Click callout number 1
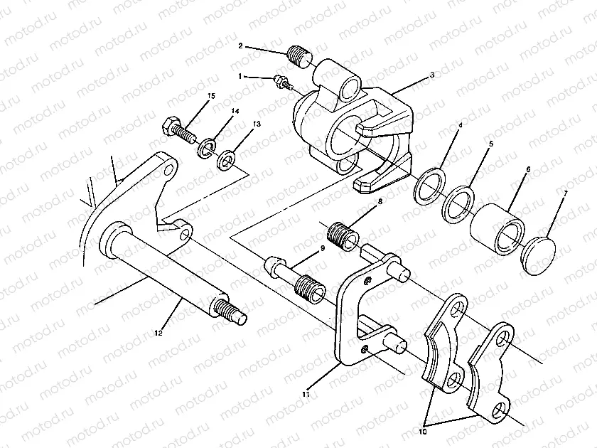[x=241, y=75]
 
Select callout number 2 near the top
[x=241, y=46]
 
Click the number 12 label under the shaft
[x=158, y=332]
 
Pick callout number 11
[x=306, y=393]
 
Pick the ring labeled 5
[x=458, y=202]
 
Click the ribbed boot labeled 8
[x=343, y=234]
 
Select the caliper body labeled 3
[x=334, y=128]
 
